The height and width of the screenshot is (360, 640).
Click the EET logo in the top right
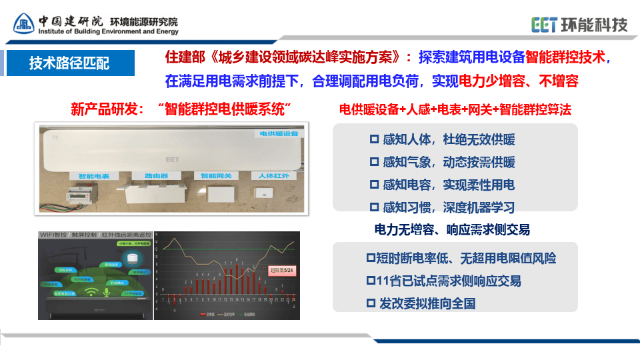pyautogui.click(x=579, y=25)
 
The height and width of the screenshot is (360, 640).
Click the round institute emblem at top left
pyautogui.click(x=25, y=25)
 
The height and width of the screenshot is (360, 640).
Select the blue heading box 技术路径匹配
pyautogui.click(x=70, y=63)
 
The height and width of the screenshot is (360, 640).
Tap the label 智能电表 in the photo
pyautogui.click(x=93, y=176)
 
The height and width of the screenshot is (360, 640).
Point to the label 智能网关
pyautogui.click(x=216, y=176)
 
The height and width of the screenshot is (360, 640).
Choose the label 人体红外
pyautogui.click(x=272, y=176)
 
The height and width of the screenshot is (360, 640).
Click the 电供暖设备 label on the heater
pyautogui.click(x=279, y=133)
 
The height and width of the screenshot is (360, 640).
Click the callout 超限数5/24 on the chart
pyautogui.click(x=282, y=270)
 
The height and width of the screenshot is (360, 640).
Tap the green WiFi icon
pyautogui.click(x=91, y=293)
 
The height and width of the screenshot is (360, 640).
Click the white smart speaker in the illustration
pyautogui.click(x=131, y=259)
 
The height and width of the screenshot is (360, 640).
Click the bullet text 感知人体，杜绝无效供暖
pyautogui.click(x=442, y=140)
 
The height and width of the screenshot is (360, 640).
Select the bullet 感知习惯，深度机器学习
pyautogui.click(x=442, y=207)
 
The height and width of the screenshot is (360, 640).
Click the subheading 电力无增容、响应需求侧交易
pyautogui.click(x=453, y=230)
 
